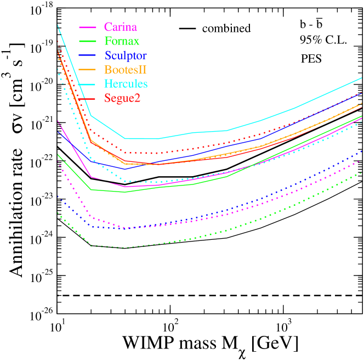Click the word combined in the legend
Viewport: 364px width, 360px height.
coord(226,28)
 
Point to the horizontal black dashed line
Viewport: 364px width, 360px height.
coord(208,296)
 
